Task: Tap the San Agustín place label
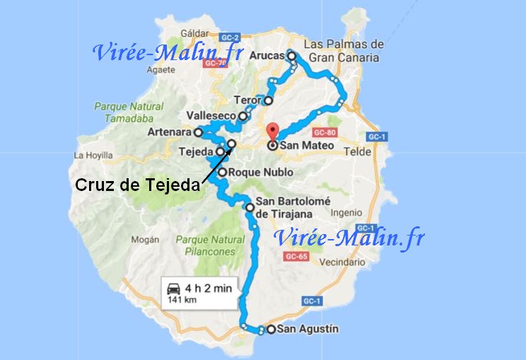point(308,329)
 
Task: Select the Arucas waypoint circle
point(291,56)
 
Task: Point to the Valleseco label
point(211,116)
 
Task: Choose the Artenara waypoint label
point(170,132)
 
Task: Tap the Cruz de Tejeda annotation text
point(137,185)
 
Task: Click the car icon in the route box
point(173,288)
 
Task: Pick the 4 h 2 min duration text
point(208,288)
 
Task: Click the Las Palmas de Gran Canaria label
point(344,51)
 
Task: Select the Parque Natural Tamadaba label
point(119,112)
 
